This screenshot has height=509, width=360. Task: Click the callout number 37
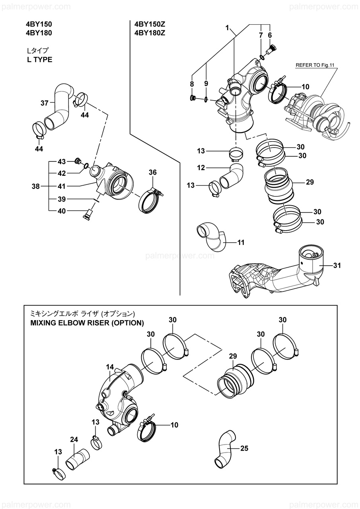(44, 103)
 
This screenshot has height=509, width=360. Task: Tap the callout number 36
(153, 172)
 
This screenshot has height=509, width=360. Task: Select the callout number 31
(337, 265)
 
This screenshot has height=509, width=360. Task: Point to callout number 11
(241, 243)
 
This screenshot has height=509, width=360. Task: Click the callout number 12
(201, 168)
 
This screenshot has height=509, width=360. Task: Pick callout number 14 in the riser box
(110, 367)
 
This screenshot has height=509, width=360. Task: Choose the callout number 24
(74, 439)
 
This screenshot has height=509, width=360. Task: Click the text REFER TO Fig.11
(315, 65)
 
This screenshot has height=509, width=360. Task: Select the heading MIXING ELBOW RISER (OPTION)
(87, 323)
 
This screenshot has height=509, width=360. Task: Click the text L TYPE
(39, 60)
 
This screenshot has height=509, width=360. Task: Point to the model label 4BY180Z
(150, 33)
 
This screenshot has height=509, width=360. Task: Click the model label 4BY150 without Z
(39, 24)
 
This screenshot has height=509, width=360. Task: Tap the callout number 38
(36, 187)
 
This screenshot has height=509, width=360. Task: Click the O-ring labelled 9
(206, 99)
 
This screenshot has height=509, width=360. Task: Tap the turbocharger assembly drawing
(317, 113)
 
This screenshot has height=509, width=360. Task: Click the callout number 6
(270, 35)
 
